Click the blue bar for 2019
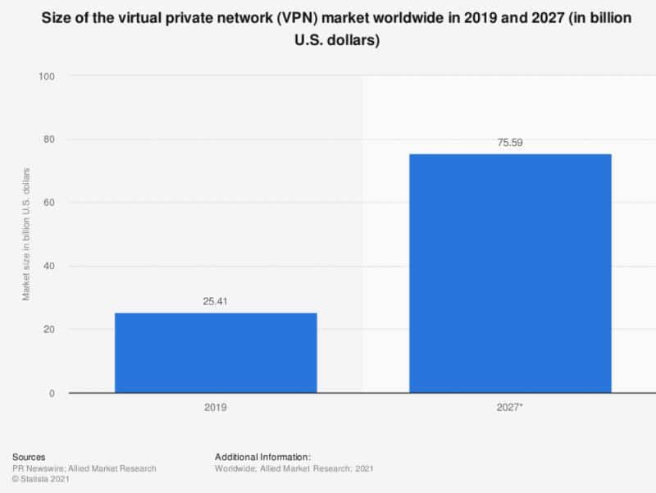pyautogui.click(x=215, y=353)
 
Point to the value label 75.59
pyautogui.click(x=509, y=143)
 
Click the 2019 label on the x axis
pyautogui.click(x=215, y=407)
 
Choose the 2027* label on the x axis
pyautogui.click(x=509, y=407)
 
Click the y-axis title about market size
pyautogui.click(x=26, y=234)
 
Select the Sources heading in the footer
pyautogui.click(x=30, y=456)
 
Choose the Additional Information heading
pyautogui.click(x=262, y=456)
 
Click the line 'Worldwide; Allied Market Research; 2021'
pyautogui.click(x=293, y=468)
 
